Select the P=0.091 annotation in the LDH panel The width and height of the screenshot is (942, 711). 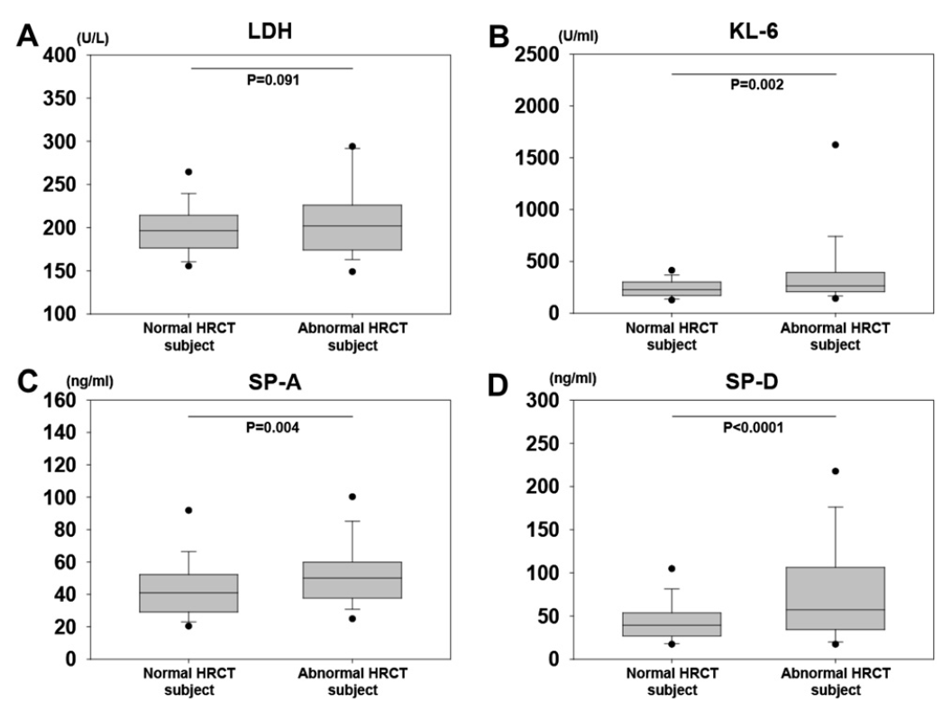coord(272,79)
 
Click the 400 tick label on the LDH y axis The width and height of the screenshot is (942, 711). coord(59,56)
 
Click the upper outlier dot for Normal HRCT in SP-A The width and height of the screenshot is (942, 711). coord(188,510)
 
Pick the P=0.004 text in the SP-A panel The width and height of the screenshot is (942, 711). coord(272,425)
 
